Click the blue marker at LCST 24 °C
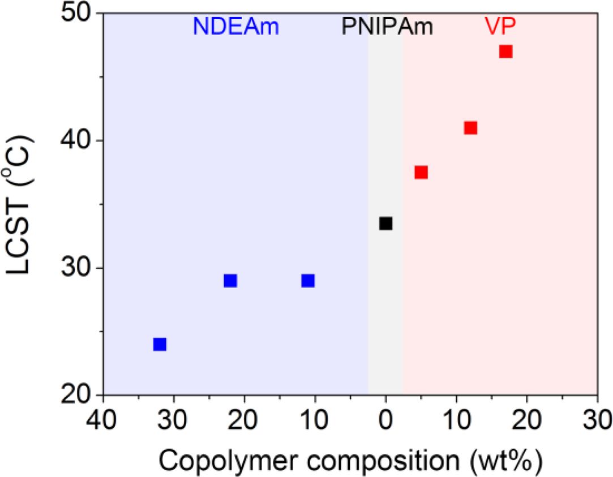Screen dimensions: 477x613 click(160, 344)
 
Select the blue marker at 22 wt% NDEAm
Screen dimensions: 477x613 click(230, 281)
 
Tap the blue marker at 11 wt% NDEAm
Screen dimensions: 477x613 click(308, 281)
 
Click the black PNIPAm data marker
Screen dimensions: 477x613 click(385, 224)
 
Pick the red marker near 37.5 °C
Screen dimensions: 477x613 click(421, 173)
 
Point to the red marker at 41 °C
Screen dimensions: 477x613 click(470, 128)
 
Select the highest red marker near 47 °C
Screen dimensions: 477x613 click(505, 51)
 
